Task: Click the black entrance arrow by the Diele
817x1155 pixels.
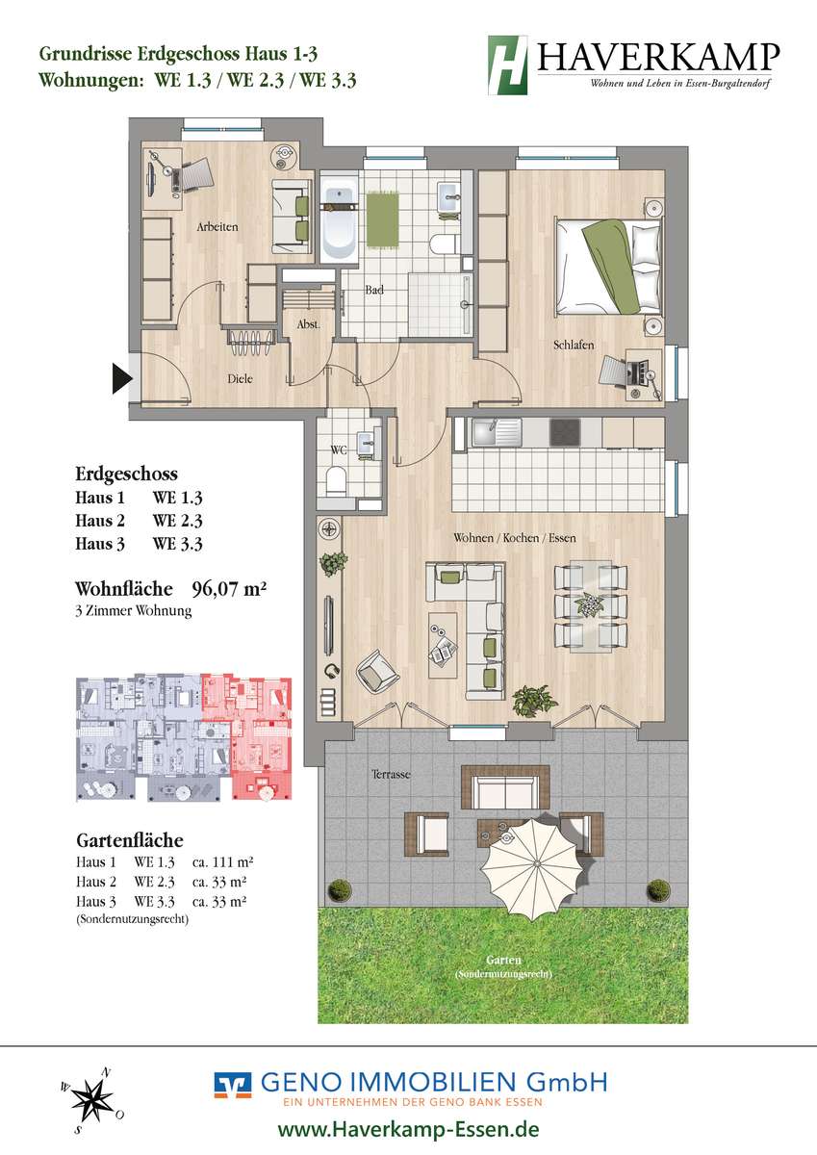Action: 121,379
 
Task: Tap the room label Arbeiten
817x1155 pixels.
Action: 217,227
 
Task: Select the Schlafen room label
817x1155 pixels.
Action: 574,345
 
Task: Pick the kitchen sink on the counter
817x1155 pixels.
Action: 496,432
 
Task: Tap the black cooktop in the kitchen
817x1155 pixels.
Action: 566,432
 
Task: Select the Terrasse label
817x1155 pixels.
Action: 392,774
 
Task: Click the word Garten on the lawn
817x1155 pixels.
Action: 503,961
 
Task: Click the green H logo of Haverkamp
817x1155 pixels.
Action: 508,65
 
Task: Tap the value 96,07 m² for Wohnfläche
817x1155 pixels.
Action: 229,588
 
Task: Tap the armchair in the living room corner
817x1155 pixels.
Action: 378,671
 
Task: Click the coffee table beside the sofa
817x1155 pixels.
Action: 443,646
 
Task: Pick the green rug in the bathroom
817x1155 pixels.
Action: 383,219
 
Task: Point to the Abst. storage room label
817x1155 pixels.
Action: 308,324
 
